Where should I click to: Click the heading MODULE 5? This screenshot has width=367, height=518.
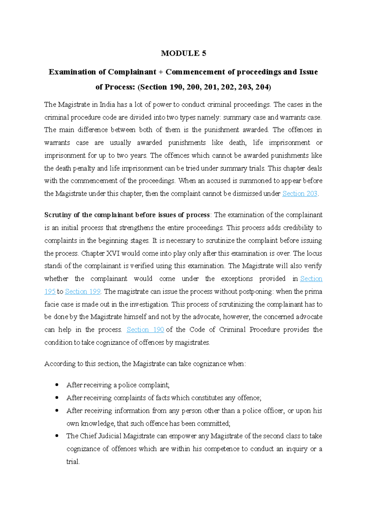(x=183, y=53)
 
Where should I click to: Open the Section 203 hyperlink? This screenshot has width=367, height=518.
(x=300, y=194)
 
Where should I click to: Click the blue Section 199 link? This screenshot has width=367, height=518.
(x=83, y=292)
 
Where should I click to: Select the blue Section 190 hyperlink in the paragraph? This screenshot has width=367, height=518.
(x=145, y=330)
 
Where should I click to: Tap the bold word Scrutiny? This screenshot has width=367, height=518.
(x=58, y=215)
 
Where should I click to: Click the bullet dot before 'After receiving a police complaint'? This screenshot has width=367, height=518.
(x=57, y=385)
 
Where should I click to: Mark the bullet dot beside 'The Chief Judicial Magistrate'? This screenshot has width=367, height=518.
(x=57, y=436)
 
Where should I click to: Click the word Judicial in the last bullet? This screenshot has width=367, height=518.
(x=109, y=436)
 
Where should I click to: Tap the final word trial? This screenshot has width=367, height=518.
(x=73, y=462)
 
